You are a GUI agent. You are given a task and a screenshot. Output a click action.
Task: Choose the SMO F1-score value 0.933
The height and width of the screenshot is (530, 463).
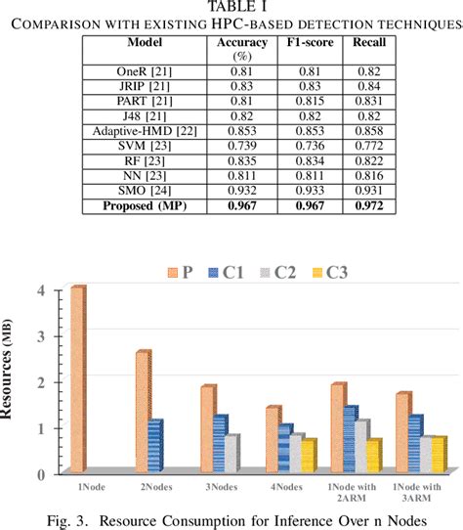coord(296,191)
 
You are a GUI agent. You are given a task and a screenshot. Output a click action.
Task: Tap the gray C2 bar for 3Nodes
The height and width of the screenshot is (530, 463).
coord(231,454)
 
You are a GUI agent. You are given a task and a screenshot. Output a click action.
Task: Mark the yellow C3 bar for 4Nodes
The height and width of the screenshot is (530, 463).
coord(309,456)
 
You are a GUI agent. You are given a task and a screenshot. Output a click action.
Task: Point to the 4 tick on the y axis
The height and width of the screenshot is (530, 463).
coord(40,290)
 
